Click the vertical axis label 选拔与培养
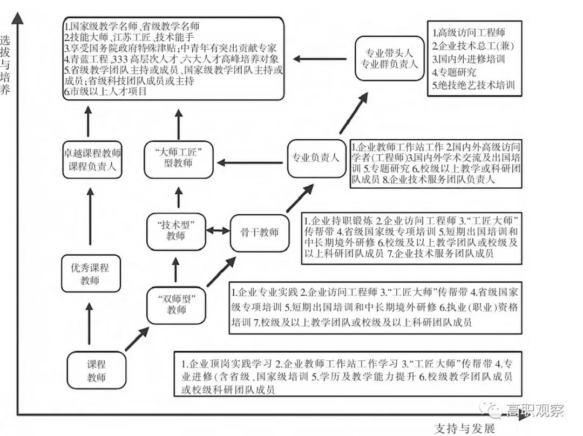6,65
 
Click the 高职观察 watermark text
534,411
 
